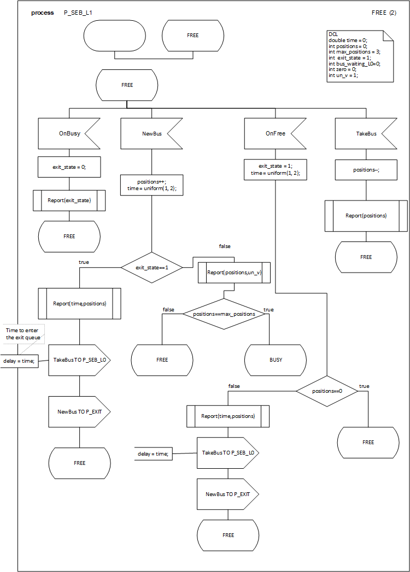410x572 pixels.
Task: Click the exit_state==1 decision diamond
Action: [151, 267]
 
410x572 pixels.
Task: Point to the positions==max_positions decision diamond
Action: [224, 314]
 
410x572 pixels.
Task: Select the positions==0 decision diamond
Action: [326, 391]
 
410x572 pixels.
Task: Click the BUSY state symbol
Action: [276, 360]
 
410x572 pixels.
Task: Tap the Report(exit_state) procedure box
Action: [69, 200]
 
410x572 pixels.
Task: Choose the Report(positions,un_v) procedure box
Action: [234, 272]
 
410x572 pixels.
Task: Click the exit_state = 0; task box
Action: [69, 167]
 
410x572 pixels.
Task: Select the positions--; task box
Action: [366, 169]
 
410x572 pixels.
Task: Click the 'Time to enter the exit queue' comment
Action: [24, 334]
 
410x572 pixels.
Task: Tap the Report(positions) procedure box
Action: [366, 215]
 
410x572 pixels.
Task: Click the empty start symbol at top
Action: [114, 36]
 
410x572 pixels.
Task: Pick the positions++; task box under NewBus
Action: [151, 184]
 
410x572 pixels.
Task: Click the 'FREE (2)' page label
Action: [383, 12]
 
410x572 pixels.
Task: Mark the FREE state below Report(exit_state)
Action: [69, 237]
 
